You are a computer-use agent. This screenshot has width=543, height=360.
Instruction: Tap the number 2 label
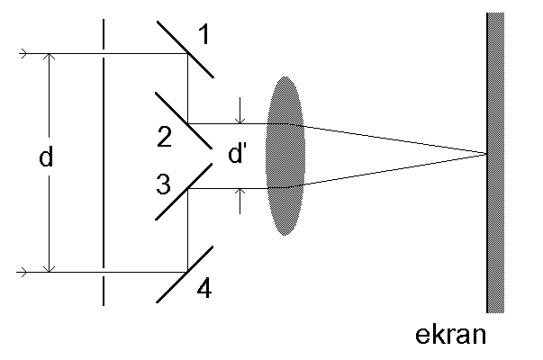(164, 137)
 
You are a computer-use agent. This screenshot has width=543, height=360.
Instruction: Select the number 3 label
(162, 185)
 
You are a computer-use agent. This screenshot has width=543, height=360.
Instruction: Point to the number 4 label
(204, 290)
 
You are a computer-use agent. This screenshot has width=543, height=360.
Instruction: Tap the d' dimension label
(237, 154)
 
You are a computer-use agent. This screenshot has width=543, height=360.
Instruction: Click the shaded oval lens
(286, 156)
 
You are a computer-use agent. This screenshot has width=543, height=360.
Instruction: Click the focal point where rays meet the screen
(487, 155)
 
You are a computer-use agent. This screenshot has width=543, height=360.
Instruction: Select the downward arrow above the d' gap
(240, 119)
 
